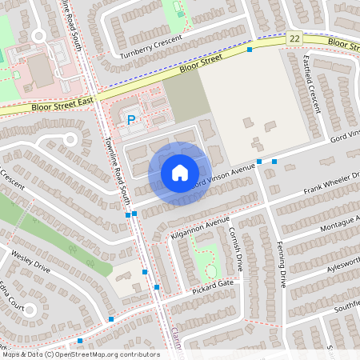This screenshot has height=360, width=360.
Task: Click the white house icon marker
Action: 180,172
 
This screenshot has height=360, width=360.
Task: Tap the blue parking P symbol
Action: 132,120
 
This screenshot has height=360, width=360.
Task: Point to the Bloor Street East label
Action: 63,100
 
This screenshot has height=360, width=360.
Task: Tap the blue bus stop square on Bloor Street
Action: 250,50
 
